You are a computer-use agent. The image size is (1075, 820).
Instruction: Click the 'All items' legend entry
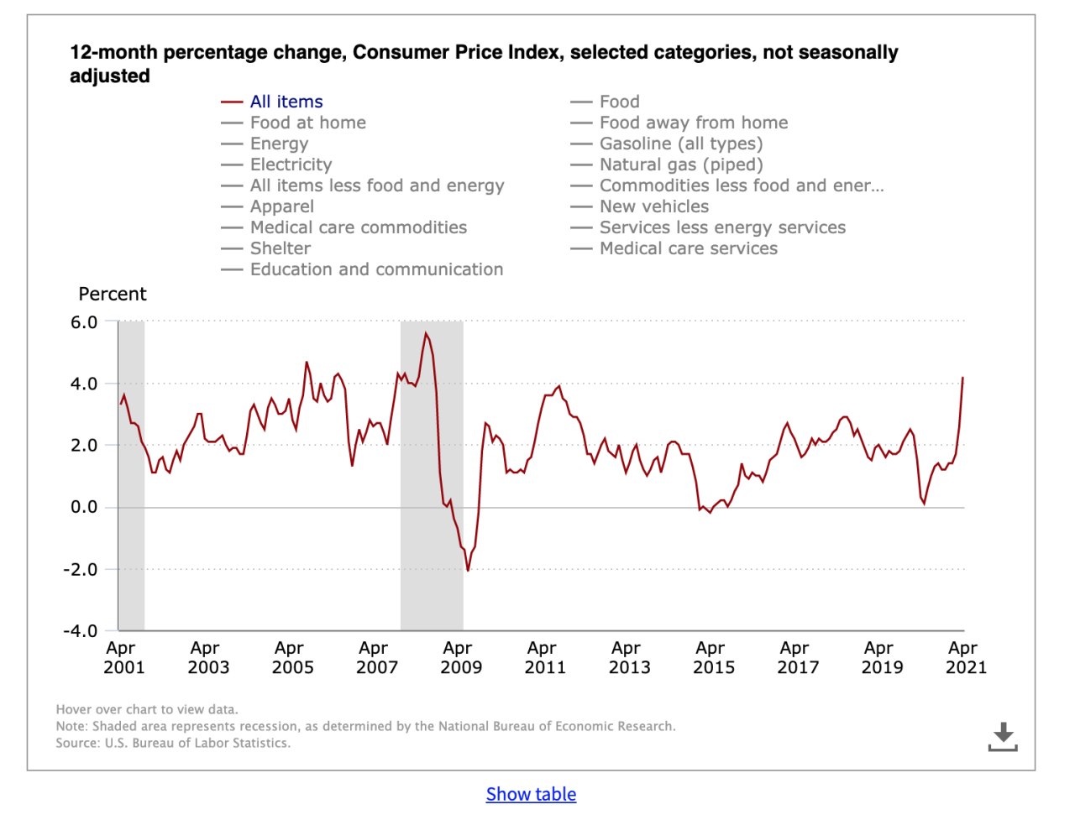[x=286, y=102]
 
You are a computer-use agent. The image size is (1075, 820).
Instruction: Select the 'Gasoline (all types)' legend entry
[x=680, y=144]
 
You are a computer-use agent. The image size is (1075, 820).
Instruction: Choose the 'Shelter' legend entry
[x=280, y=248]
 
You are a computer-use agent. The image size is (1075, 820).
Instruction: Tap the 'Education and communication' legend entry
[x=376, y=269]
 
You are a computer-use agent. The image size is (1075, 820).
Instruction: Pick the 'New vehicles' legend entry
[x=653, y=206]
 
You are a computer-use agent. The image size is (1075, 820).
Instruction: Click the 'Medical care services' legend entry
[x=688, y=248]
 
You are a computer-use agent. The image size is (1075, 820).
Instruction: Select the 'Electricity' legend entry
[x=291, y=165]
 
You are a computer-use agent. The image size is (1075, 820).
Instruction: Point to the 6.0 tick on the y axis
[x=84, y=322]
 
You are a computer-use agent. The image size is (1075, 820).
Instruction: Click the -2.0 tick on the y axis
[x=81, y=569]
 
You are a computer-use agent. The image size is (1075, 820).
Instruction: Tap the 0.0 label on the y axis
[x=84, y=507]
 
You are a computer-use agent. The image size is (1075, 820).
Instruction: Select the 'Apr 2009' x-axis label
[x=460, y=658]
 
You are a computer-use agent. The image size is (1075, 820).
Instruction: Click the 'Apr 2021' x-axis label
[x=966, y=658]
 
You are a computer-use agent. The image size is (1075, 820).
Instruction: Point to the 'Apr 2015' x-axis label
[x=713, y=658]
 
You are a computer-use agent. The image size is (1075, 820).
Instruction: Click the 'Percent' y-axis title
[x=113, y=294]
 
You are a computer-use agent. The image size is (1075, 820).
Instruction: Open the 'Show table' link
[x=531, y=794]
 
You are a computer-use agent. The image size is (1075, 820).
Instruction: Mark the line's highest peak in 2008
[x=426, y=333]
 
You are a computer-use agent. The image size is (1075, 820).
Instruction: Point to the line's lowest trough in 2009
[x=468, y=571]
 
